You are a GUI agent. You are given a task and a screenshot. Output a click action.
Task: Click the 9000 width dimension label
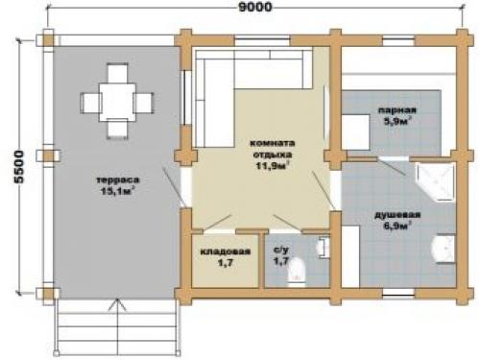(x=255, y=7)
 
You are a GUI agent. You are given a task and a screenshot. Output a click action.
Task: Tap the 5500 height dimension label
(x=19, y=167)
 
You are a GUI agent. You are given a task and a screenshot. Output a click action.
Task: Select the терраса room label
(x=118, y=180)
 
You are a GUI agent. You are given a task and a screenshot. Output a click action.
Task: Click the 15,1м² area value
(x=117, y=191)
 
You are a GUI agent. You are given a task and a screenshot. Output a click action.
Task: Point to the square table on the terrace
(x=117, y=102)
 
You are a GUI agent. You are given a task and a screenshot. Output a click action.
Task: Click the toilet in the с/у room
(x=297, y=271)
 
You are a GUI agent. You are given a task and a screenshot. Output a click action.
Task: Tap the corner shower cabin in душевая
(x=435, y=181)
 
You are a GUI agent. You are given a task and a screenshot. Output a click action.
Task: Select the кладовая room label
(x=226, y=252)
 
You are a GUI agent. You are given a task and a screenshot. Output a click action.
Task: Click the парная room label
(x=397, y=110)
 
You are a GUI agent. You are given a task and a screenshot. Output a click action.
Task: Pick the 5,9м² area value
(x=397, y=121)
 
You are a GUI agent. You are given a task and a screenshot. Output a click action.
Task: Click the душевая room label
(x=397, y=215)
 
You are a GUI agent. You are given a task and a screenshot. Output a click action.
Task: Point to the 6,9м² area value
(x=397, y=226)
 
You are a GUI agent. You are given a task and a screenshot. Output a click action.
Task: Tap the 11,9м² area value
(x=273, y=166)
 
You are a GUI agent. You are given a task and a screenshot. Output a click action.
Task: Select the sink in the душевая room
(x=444, y=249)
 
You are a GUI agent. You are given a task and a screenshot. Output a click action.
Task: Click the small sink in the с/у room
(x=324, y=247)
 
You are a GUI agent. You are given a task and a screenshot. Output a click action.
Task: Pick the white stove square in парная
(x=356, y=132)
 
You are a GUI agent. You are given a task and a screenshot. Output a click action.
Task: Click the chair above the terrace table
(x=117, y=73)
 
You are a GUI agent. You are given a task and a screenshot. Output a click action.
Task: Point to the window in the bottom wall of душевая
(x=398, y=293)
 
